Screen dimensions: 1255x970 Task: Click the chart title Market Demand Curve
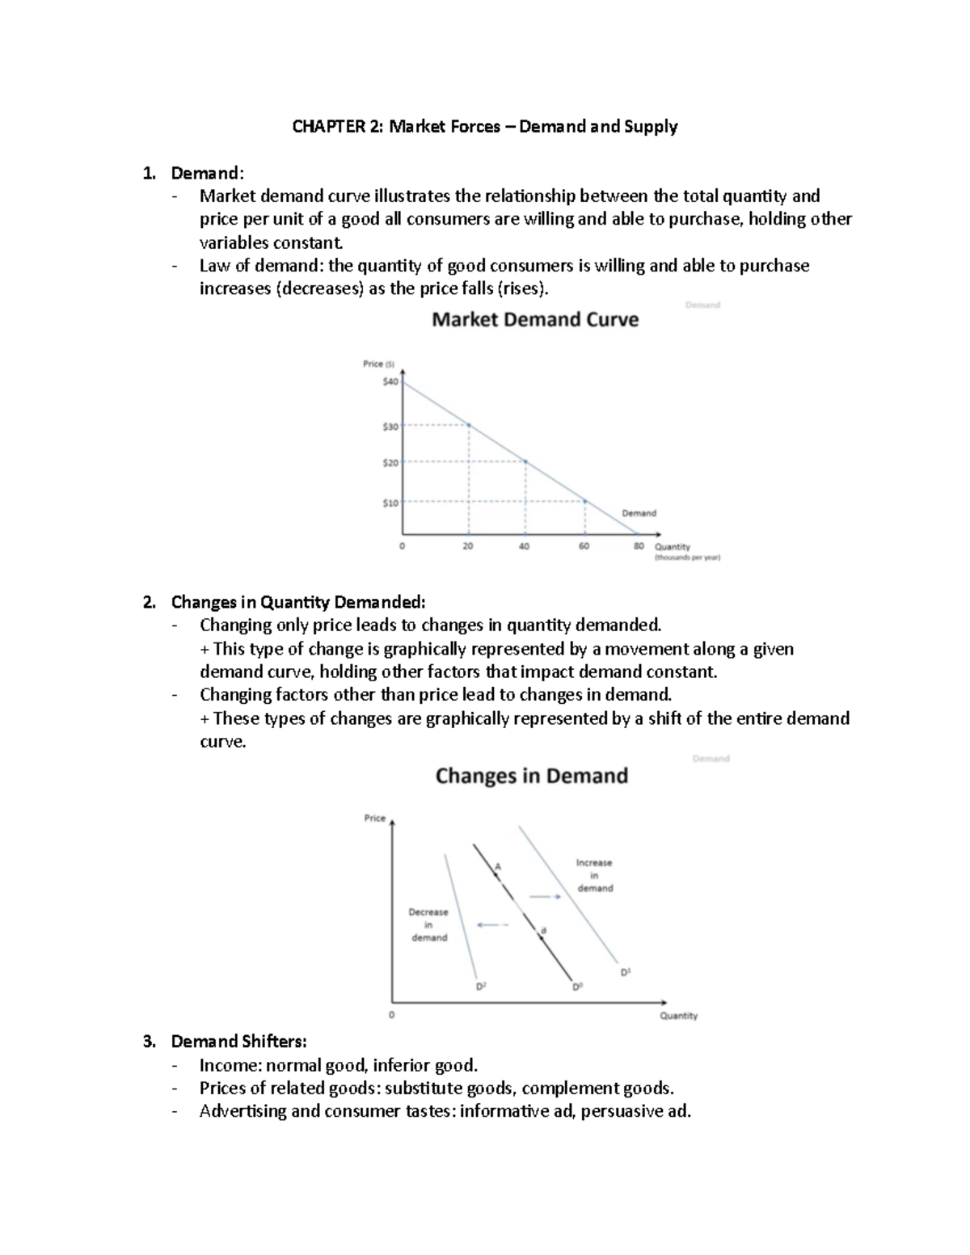(x=535, y=320)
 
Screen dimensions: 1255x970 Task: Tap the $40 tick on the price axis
(x=390, y=381)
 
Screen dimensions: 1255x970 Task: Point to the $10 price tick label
(x=390, y=503)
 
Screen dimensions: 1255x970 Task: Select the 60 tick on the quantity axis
(x=584, y=546)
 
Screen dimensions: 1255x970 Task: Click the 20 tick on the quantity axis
(x=468, y=546)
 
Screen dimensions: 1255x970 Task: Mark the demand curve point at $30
(x=469, y=425)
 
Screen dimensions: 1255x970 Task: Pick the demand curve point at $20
(x=525, y=462)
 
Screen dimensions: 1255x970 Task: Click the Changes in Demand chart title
(x=531, y=776)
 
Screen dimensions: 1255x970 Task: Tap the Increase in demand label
(x=594, y=875)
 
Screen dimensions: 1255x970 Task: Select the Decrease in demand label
(x=428, y=924)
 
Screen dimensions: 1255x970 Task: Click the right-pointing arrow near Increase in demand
(x=545, y=896)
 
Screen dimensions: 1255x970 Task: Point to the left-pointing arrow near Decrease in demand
(x=492, y=925)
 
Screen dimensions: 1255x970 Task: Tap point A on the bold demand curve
(x=498, y=866)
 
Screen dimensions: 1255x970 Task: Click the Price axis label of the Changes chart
(x=374, y=818)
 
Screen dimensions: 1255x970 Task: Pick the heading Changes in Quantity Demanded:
(x=297, y=602)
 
